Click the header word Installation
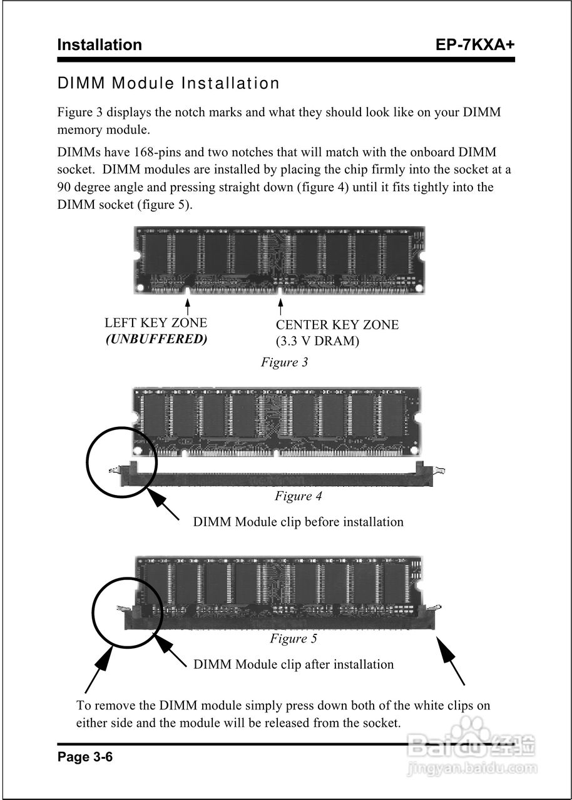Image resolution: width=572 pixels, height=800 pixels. pos(100,45)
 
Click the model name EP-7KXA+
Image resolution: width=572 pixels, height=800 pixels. pos(475,45)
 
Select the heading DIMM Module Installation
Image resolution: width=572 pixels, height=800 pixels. pos(168,83)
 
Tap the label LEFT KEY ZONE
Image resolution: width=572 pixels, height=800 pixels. pos(156,323)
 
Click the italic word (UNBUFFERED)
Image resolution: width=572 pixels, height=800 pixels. pos(156,339)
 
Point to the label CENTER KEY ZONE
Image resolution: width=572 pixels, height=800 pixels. pos(337,324)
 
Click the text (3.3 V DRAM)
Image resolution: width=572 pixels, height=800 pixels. pos(317,341)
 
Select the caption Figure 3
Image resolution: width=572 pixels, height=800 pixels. pos(284,362)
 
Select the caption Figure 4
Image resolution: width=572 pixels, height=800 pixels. pos(298,496)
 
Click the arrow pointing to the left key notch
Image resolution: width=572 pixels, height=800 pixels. pos(188,306)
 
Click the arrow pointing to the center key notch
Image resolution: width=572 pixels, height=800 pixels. pos(280,307)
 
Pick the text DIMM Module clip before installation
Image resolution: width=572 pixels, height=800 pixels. pos(298,521)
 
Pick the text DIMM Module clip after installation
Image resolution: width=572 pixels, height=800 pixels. pos(294,664)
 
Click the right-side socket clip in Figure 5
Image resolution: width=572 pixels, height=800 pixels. pos(434,609)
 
